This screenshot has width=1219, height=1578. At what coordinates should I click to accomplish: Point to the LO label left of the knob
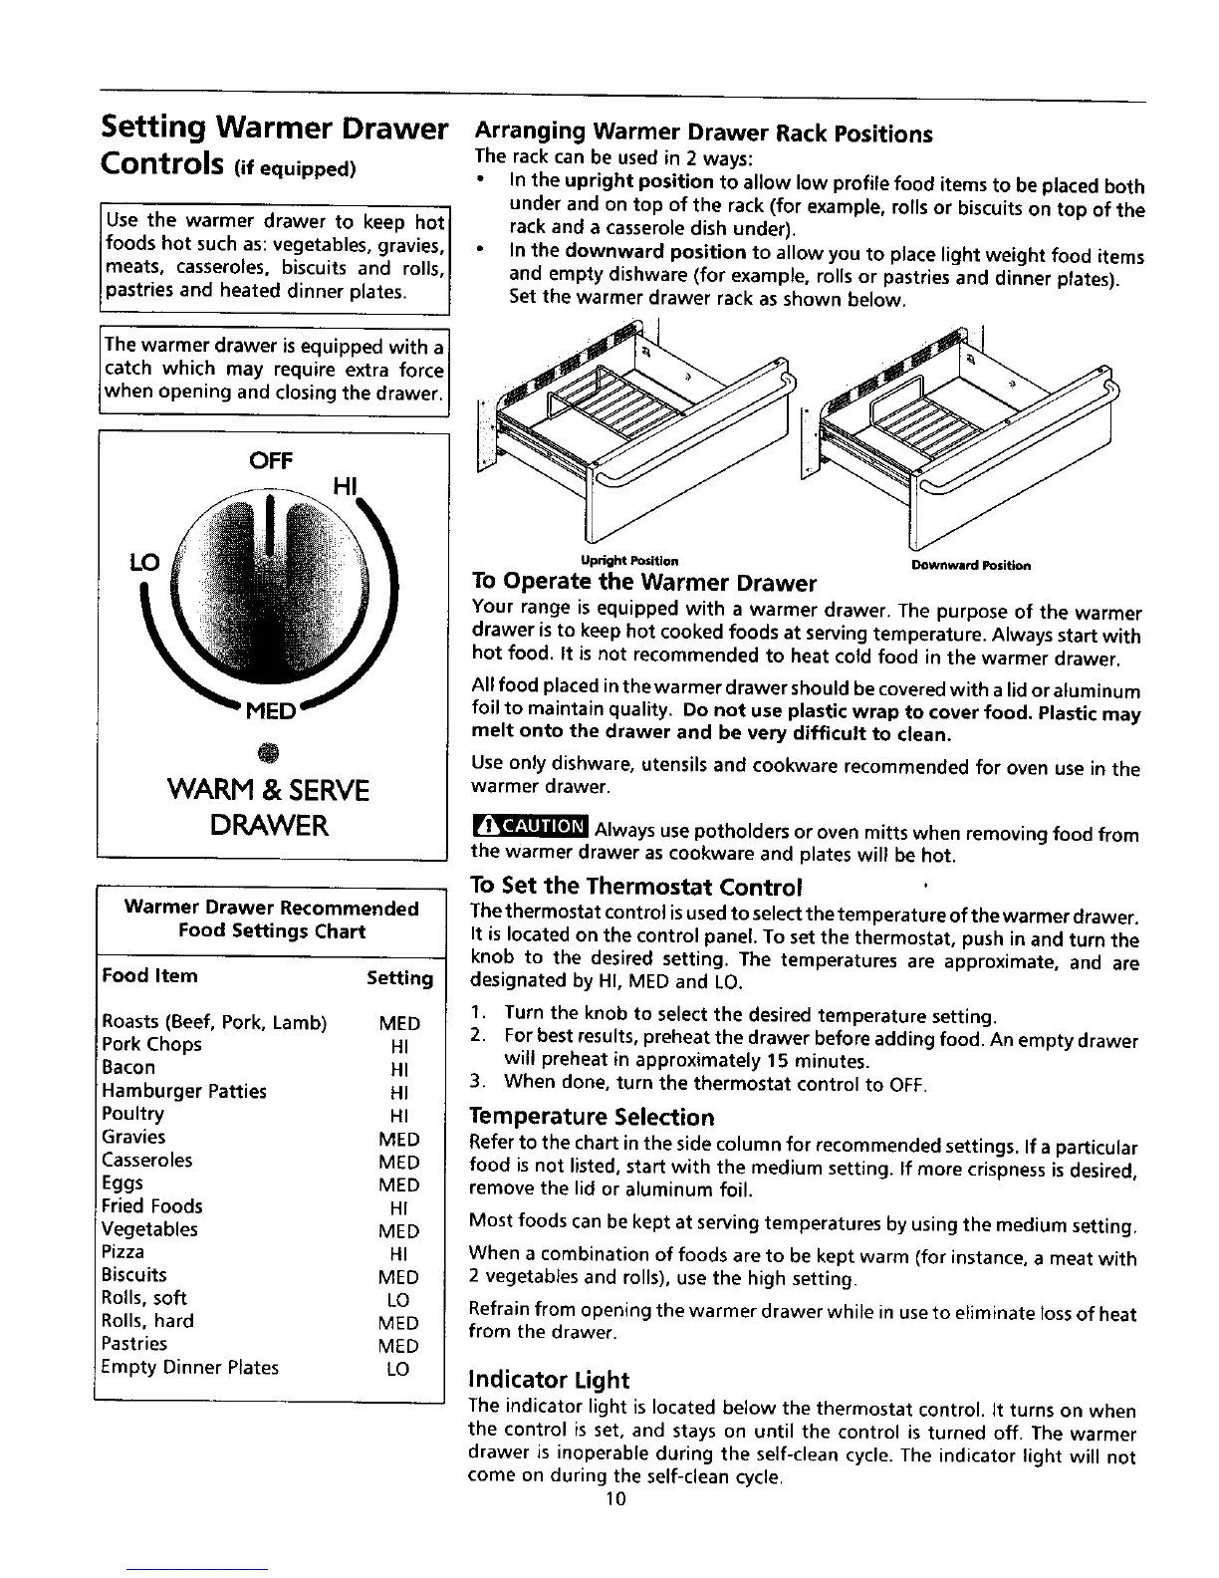click(x=138, y=563)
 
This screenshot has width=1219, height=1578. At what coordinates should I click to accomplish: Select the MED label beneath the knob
click(x=271, y=713)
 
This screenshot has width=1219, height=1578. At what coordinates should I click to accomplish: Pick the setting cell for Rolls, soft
click(x=397, y=1300)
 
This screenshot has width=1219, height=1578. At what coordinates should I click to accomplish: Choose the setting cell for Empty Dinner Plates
click(x=397, y=1369)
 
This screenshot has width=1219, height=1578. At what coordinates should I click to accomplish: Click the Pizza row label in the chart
click(x=123, y=1251)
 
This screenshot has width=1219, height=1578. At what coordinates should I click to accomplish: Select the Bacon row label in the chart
click(x=128, y=1067)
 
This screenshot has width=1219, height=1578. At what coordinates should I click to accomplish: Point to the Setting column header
click(x=399, y=978)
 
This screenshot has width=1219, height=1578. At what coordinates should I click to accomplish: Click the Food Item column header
click(x=149, y=976)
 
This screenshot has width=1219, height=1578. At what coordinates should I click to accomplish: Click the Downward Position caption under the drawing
click(x=970, y=565)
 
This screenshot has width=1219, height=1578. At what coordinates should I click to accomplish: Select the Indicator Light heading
click(x=549, y=1380)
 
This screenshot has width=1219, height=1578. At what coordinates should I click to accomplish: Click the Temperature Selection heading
click(x=592, y=1117)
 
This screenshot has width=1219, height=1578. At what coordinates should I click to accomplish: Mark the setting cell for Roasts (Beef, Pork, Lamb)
click(x=399, y=1023)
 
